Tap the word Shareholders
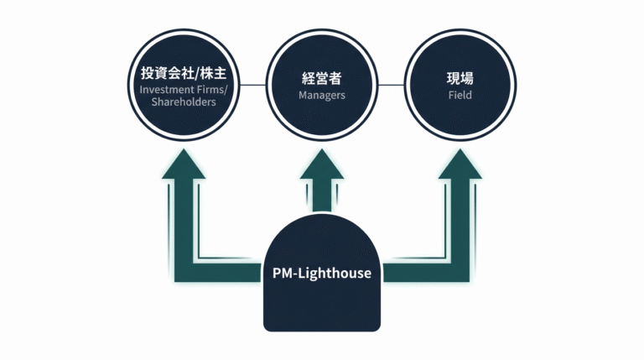184,102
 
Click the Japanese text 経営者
322,79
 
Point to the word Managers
322,96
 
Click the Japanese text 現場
460,79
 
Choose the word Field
460,96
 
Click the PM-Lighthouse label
322,273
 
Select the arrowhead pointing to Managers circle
322,164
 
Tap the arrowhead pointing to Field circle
460,164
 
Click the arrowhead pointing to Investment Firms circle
184,164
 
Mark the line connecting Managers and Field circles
391,86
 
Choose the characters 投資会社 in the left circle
168,74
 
